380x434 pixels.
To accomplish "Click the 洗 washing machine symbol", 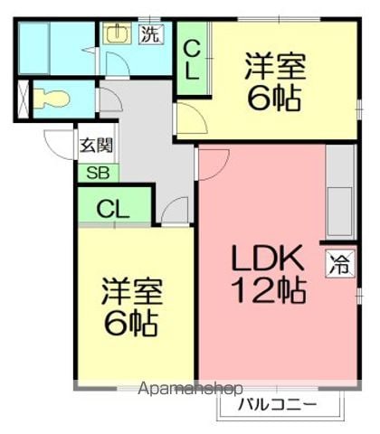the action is (151, 34).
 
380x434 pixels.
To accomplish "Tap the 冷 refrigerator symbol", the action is (340, 264).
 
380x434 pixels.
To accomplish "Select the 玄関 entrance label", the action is (96, 146).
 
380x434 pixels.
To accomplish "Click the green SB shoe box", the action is (99, 174).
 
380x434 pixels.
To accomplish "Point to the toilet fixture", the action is (52, 99).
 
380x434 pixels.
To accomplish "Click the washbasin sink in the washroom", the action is (117, 33).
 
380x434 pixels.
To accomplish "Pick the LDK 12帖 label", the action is (269, 274).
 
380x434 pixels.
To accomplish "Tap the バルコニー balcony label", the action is (278, 404).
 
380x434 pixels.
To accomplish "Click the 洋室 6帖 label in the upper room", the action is (275, 81).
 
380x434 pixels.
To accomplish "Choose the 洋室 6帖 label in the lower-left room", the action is (132, 307).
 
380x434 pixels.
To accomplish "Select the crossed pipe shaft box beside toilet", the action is (23, 99).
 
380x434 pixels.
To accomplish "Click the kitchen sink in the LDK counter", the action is (340, 212).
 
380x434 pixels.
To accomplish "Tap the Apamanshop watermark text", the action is (190, 389).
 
